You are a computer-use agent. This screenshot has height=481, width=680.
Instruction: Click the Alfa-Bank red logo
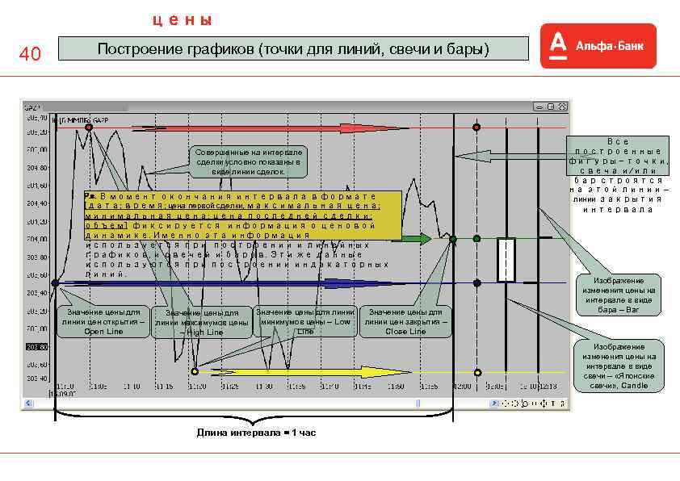[x=598, y=46]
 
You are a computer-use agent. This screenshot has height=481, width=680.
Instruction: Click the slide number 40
[x=30, y=55]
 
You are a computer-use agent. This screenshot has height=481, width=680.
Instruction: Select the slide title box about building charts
[x=293, y=50]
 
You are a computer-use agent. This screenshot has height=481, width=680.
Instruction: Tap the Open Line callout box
[x=103, y=321]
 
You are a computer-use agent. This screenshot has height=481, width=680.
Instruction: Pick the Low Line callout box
[x=304, y=321]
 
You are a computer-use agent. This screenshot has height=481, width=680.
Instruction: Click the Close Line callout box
[x=405, y=321]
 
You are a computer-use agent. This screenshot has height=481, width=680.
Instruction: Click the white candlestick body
[x=506, y=260]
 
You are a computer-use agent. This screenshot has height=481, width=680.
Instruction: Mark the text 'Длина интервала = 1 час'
[x=256, y=433]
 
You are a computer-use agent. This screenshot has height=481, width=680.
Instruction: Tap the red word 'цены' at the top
[x=183, y=19]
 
